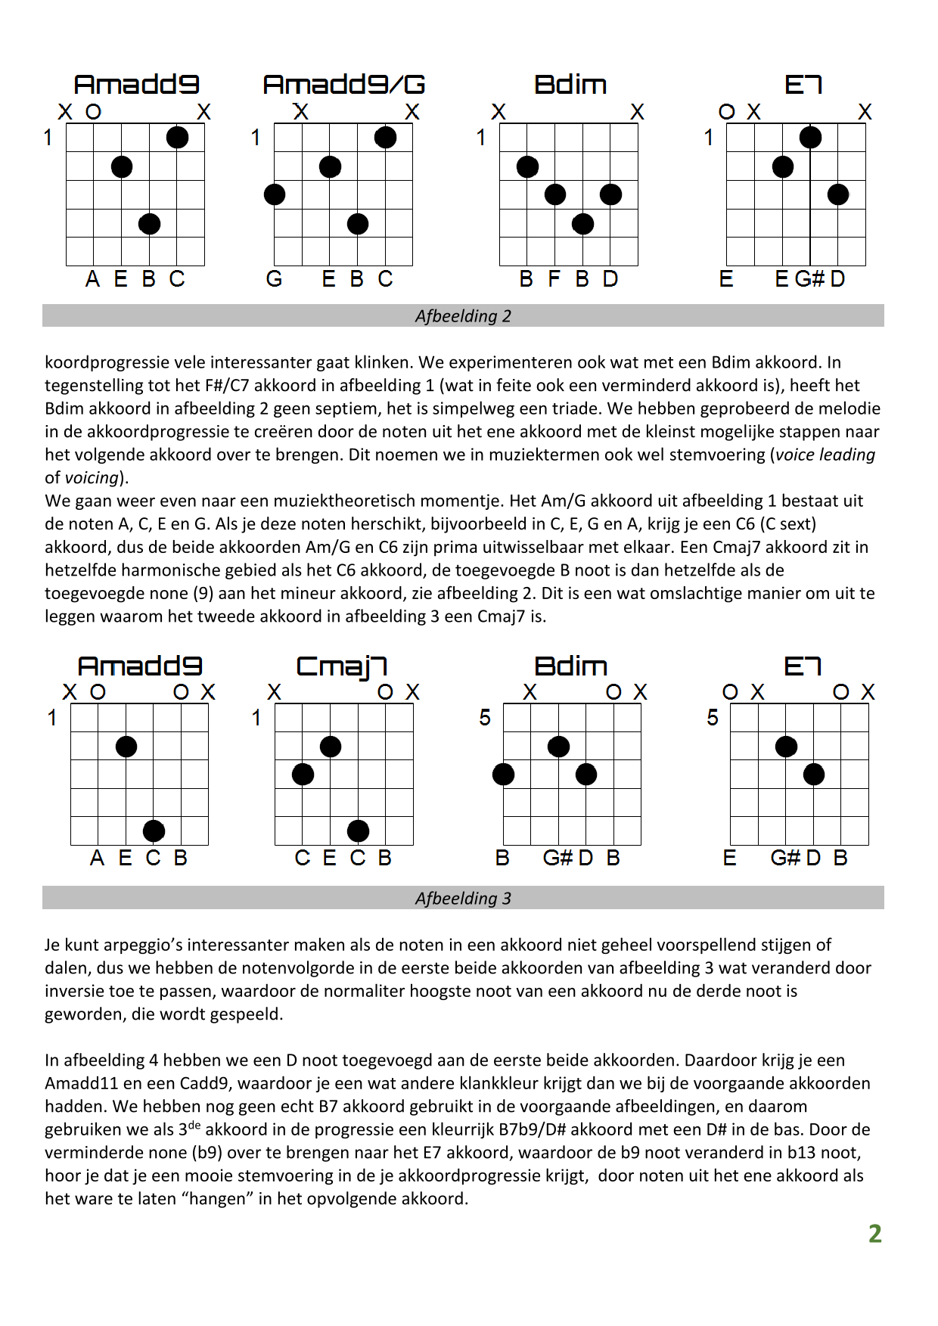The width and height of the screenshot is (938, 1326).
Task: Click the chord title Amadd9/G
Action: coord(344,84)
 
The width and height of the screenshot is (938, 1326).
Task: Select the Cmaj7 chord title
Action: coord(342,666)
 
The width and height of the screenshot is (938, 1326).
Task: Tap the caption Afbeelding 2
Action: coord(463,316)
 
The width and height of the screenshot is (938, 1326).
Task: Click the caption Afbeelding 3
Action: coord(463,899)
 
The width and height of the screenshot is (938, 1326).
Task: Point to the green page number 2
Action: coord(875,1234)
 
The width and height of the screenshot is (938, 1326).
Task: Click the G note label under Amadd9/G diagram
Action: coord(274,279)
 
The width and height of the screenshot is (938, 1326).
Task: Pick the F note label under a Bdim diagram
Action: coord(554,279)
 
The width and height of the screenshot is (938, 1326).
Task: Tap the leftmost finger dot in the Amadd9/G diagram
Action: coord(275,194)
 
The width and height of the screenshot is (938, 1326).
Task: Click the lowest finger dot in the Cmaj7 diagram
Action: coord(358,831)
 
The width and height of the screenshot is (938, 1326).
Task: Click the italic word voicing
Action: coord(92,478)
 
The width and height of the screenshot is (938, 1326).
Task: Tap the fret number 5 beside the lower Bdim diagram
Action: coord(485,717)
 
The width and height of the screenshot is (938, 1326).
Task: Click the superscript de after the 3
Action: coord(194,1125)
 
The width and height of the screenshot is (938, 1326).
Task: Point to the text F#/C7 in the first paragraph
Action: coord(226,385)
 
